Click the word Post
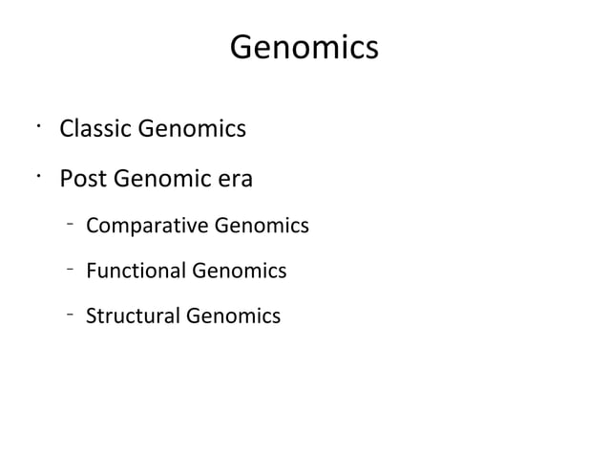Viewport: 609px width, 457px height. click(82, 179)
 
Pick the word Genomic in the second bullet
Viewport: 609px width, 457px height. click(157, 179)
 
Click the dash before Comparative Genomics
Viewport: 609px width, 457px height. click(71, 224)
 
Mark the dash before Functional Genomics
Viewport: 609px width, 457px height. click(71, 268)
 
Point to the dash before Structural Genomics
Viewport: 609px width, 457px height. click(71, 312)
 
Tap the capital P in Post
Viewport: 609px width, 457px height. click(67, 179)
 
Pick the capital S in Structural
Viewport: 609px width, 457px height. click(91, 316)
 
